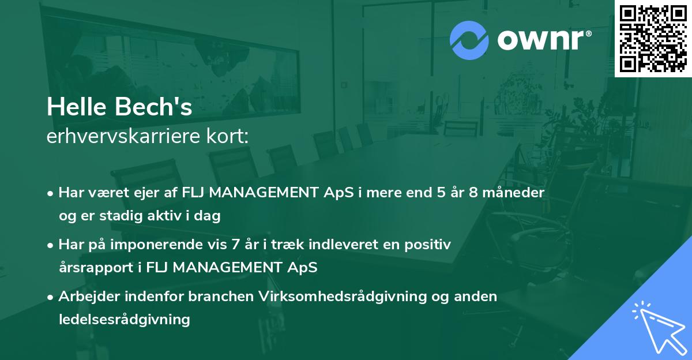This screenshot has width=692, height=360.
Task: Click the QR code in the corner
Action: (x=653, y=39)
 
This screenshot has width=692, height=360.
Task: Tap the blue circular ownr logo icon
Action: (x=469, y=40)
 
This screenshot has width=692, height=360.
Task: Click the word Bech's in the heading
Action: (x=153, y=107)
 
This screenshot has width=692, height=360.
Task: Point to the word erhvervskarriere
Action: (x=123, y=136)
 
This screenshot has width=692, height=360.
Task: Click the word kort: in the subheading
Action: (x=227, y=136)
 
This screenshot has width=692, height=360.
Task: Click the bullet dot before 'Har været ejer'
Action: (x=50, y=194)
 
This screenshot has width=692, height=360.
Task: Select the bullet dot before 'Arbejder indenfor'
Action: (x=50, y=298)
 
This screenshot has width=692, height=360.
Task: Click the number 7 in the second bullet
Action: (x=235, y=245)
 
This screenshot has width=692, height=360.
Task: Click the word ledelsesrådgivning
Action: (x=125, y=320)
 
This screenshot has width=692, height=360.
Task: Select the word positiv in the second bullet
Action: (x=427, y=245)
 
